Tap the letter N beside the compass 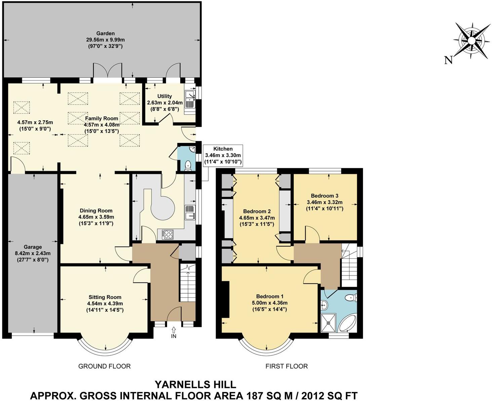[x=448, y=60]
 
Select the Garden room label [x=106, y=33]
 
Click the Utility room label [x=164, y=96]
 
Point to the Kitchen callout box [x=223, y=155]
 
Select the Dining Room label [x=96, y=211]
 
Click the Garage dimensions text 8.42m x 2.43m [x=33, y=253]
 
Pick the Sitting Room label [x=105, y=297]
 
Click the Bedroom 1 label [x=270, y=296]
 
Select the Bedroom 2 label [x=257, y=211]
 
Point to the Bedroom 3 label [x=324, y=196]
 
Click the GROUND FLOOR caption [x=104, y=366]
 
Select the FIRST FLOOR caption [x=286, y=366]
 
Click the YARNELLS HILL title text [x=195, y=384]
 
